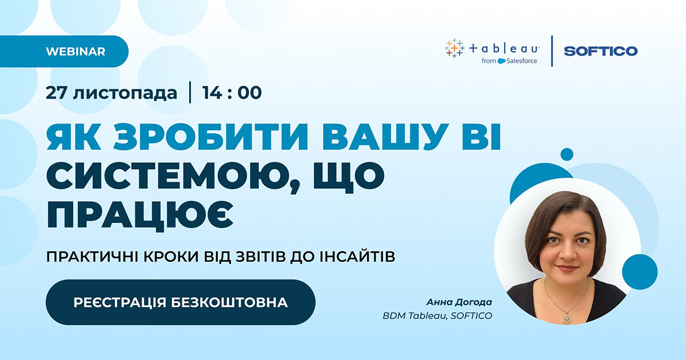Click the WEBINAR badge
[x=64, y=51]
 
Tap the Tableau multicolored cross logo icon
[x=454, y=49]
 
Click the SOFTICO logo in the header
[x=601, y=51]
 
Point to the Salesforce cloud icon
[x=501, y=61]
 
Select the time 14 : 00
[x=232, y=93]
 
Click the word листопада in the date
[x=125, y=93]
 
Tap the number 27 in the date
[x=57, y=93]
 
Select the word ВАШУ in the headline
[x=385, y=137]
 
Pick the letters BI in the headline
[x=482, y=137]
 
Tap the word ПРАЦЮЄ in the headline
[x=140, y=215]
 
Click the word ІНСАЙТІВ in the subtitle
[x=357, y=257]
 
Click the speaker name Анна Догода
[x=459, y=302]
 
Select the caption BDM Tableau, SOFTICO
[x=437, y=315]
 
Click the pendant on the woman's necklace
[x=567, y=319]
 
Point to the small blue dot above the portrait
[x=567, y=154]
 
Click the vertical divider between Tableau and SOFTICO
[x=552, y=51]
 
